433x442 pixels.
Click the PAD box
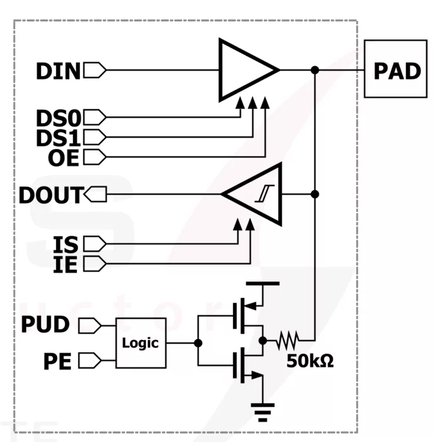(396, 68)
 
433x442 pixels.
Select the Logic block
(141, 343)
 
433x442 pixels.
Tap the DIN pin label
(58, 71)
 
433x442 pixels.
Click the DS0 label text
(58, 118)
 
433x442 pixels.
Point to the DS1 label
(58, 138)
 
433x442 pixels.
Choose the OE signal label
(63, 157)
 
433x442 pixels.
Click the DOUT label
(51, 195)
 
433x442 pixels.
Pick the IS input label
(66, 244)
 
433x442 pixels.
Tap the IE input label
(65, 264)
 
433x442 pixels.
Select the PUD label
(45, 324)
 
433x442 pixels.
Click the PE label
(57, 361)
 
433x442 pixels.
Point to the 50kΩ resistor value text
(310, 361)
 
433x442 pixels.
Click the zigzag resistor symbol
(288, 341)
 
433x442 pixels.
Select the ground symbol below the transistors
(262, 412)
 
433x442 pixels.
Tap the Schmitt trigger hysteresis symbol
(265, 193)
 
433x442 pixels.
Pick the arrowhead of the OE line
(265, 103)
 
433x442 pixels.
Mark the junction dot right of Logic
(198, 343)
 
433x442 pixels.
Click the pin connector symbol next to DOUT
(95, 194)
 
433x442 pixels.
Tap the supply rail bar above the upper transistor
(262, 283)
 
